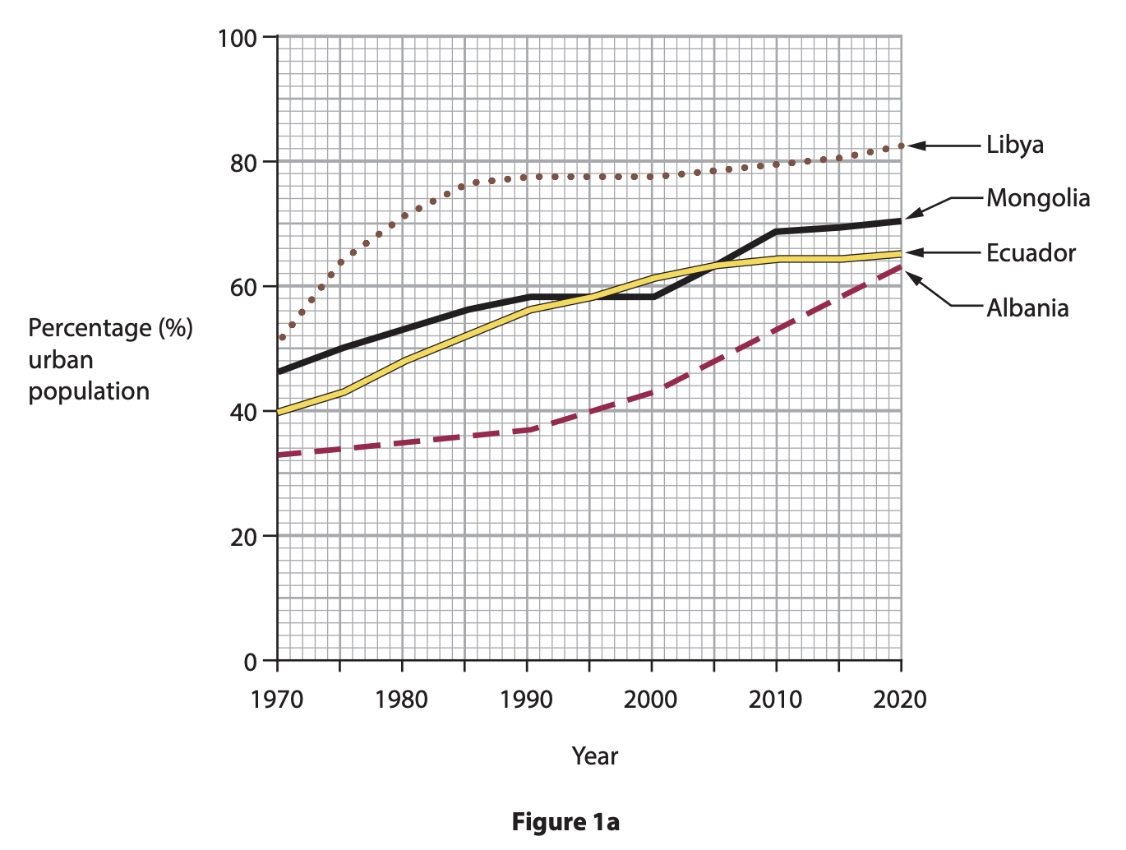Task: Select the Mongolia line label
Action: [x=1038, y=198]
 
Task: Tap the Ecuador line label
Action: [x=1031, y=253]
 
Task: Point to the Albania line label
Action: [x=1027, y=308]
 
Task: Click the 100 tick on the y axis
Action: [x=237, y=38]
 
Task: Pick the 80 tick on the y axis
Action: [x=243, y=163]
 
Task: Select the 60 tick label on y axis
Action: [x=243, y=288]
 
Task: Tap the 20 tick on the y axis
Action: [x=243, y=537]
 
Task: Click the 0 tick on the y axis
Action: [x=251, y=662]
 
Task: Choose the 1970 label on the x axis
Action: [x=277, y=700]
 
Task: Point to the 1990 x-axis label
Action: [x=526, y=700]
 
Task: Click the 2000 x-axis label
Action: [x=650, y=700]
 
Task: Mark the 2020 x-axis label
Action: [x=899, y=700]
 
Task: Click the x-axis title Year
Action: [x=594, y=756]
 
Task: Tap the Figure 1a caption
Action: [x=565, y=822]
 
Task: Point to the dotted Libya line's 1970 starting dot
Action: [x=282, y=338]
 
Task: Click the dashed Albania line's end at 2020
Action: [x=900, y=267]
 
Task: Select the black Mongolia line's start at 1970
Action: [x=279, y=372]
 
